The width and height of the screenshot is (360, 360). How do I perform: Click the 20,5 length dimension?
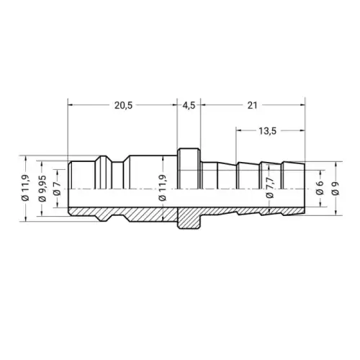(x=123, y=105)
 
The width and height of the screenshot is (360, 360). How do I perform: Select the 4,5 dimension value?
(x=189, y=105)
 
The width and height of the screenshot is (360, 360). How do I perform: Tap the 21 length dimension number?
(x=252, y=105)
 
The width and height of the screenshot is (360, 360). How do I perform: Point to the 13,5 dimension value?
(x=267, y=131)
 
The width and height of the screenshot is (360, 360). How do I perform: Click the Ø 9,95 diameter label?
(x=43, y=189)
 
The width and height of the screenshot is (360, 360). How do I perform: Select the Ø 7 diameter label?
(x=58, y=189)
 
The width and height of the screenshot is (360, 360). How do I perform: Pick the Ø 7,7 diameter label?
(x=270, y=188)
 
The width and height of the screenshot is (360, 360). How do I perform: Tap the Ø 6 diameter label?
(x=320, y=189)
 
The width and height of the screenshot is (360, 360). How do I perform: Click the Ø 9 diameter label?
(x=336, y=189)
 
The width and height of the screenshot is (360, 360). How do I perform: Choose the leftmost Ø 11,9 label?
(x=26, y=188)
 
